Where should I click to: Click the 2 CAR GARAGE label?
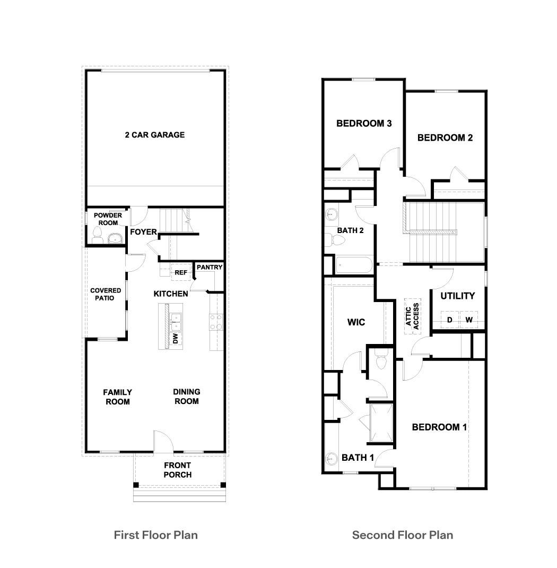[155, 135]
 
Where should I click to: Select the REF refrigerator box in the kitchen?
[181, 273]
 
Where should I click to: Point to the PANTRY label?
[210, 267]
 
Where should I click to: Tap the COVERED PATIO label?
[106, 294]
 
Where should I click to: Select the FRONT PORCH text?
[177, 470]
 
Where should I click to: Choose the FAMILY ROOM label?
[118, 397]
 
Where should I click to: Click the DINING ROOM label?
[187, 396]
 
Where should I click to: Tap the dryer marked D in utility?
[449, 320]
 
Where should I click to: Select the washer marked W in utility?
[469, 320]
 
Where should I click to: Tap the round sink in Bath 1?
[332, 458]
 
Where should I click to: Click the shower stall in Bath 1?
[381, 423]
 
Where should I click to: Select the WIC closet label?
[356, 322]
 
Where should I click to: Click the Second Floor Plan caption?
[403, 535]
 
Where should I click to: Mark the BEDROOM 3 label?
[364, 124]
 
